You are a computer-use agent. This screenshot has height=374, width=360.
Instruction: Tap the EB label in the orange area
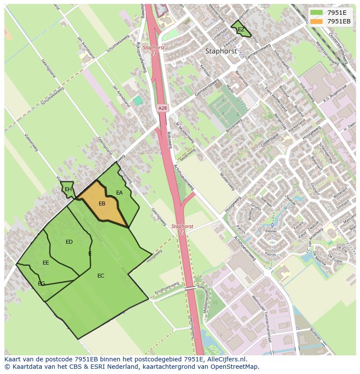[102, 204]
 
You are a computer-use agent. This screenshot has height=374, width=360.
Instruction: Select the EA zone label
[120, 193]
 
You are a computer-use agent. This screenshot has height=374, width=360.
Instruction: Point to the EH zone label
[68, 189]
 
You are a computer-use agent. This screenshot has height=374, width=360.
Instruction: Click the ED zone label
[69, 242]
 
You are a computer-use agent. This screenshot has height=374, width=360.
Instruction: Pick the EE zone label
[46, 263]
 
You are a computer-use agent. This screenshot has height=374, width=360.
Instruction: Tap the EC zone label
[101, 276]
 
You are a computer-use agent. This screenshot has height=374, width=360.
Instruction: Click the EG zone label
[41, 284]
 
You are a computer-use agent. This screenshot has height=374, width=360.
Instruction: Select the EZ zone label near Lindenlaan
[241, 30]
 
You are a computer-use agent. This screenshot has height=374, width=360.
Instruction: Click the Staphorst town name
[221, 51]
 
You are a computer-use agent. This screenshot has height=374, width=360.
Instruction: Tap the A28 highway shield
[162, 108]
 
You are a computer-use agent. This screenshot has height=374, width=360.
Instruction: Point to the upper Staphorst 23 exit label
[153, 50]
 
